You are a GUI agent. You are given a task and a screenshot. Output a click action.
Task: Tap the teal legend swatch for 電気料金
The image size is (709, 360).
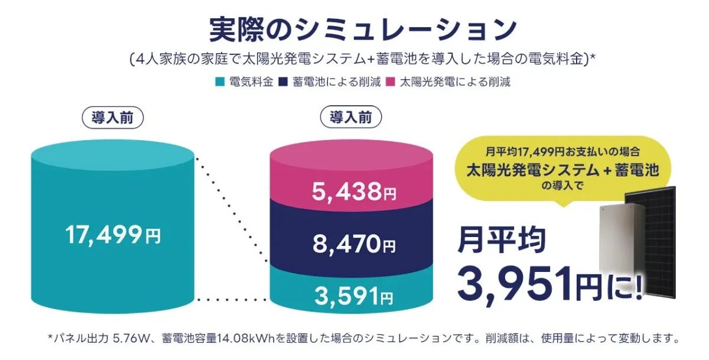(220, 82)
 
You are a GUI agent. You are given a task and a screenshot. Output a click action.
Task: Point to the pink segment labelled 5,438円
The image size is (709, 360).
(354, 192)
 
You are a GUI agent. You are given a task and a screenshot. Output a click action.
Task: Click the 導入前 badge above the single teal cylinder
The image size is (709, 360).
(112, 117)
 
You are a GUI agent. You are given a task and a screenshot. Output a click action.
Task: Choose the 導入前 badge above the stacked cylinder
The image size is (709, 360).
(351, 117)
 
